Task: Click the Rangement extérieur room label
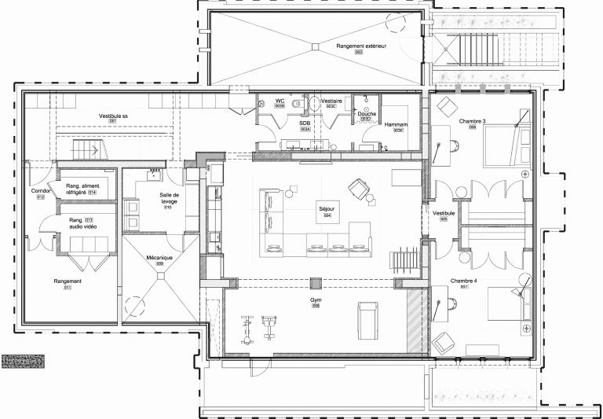(362, 47)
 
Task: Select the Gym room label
(316, 300)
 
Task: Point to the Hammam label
(394, 125)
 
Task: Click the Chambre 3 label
(473, 121)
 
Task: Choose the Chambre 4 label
(464, 281)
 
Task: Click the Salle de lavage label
(170, 199)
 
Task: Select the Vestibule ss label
(113, 116)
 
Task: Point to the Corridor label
(41, 191)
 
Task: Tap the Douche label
(367, 114)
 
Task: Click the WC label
(280, 101)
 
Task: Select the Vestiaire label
(330, 101)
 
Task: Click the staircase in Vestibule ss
(87, 149)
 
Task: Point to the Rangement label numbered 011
(68, 281)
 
